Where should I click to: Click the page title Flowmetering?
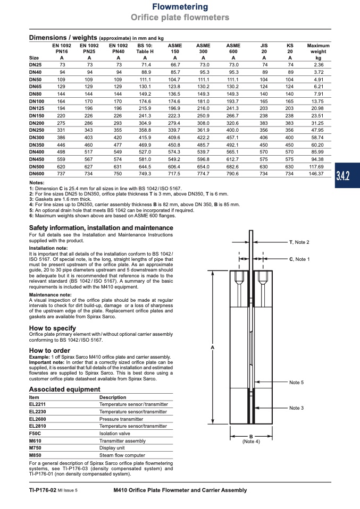point(180,7)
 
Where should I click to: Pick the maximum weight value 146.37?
point(318,173)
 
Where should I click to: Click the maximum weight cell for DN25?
point(319,64)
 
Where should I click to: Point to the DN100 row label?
point(37,101)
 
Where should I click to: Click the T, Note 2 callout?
point(299,242)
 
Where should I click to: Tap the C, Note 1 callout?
point(298,259)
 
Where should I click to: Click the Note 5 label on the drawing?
point(296,383)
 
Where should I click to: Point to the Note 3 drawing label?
point(296,408)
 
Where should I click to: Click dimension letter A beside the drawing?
point(212,347)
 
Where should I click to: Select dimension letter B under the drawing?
point(250,436)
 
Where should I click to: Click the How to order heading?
point(49,351)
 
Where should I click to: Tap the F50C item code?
point(35,433)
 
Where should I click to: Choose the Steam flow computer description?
point(122,455)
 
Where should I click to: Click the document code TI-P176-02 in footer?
point(43,490)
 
